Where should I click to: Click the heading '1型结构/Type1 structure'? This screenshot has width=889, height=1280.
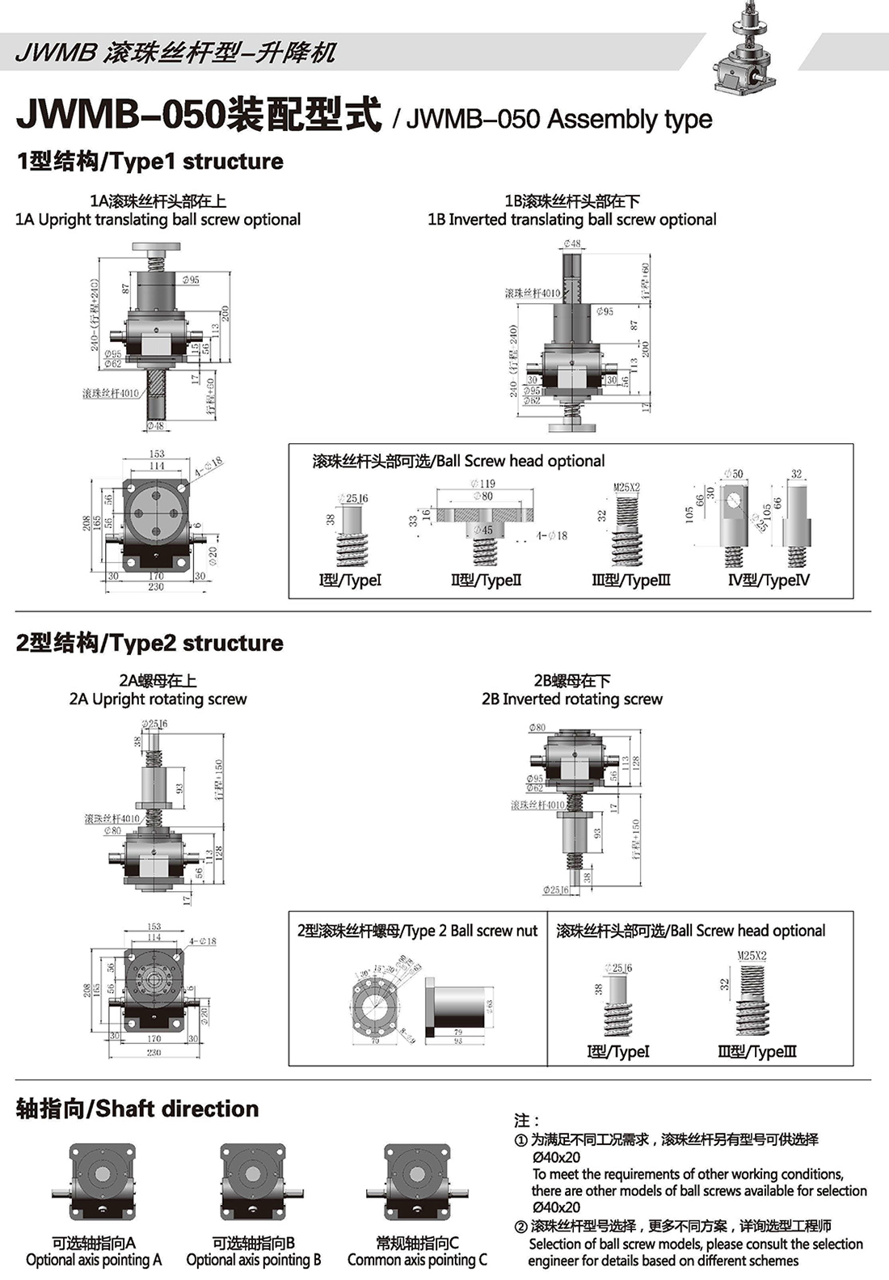[150, 162]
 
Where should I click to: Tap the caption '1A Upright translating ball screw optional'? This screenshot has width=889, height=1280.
[158, 220]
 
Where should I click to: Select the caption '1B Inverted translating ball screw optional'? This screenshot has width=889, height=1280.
[571, 220]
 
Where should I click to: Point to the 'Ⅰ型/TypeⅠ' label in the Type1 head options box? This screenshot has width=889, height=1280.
[349, 580]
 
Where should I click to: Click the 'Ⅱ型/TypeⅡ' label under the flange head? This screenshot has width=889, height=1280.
[486, 580]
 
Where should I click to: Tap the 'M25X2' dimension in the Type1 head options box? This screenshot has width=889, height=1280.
[626, 488]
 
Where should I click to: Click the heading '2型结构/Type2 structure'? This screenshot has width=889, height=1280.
[150, 644]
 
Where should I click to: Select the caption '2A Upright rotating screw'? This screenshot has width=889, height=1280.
[158, 699]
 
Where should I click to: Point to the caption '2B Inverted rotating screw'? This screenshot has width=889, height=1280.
[571, 699]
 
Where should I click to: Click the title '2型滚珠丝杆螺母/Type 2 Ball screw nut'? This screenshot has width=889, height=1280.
[417, 931]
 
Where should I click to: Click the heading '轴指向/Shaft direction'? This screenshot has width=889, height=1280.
[137, 1109]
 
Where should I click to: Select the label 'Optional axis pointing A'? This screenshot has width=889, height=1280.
[94, 1260]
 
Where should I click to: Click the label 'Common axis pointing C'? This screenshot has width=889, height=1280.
[417, 1260]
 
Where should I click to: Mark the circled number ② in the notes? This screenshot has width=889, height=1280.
[521, 1227]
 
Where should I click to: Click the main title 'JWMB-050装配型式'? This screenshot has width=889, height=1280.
[198, 116]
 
